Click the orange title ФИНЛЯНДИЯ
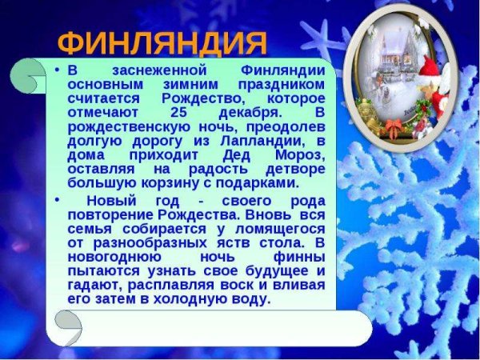pos(163,42)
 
